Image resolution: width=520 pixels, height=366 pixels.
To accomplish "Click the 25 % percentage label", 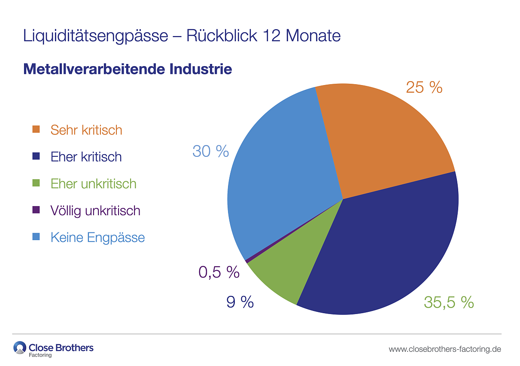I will click(x=424, y=88).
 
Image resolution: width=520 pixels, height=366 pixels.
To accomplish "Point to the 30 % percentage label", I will click(x=210, y=151).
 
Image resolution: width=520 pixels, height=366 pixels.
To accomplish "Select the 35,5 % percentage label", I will click(x=449, y=302).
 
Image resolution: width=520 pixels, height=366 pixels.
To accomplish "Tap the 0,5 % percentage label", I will click(x=219, y=272).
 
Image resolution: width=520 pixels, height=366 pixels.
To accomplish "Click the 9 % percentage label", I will click(x=240, y=302).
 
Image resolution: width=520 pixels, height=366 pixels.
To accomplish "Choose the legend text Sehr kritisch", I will click(x=86, y=130).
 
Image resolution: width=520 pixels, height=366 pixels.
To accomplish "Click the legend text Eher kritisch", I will click(x=86, y=157).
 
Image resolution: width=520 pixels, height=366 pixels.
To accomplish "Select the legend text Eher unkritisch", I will click(x=93, y=183).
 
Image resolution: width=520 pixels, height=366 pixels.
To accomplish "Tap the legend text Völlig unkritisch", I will click(x=95, y=210).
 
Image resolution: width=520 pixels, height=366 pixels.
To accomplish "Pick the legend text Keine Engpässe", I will click(x=97, y=237).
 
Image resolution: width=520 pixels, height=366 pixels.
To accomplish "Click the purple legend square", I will click(x=36, y=210).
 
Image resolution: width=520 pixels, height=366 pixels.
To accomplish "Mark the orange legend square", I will click(x=36, y=129).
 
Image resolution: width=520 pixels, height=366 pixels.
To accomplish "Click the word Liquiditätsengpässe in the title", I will click(x=95, y=36).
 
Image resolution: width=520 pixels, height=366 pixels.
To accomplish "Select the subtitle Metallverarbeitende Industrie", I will click(x=128, y=69).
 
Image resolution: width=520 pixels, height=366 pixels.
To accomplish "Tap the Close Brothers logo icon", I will click(x=20, y=348).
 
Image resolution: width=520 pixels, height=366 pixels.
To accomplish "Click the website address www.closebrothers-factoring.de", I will click(x=445, y=349).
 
